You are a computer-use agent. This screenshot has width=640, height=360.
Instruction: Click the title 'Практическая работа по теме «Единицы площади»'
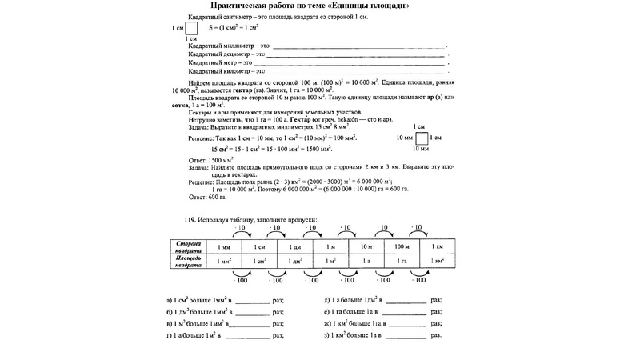(314, 6)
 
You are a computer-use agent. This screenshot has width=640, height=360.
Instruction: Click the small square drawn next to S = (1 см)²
(192, 27)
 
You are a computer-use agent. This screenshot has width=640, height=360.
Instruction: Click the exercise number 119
(189, 220)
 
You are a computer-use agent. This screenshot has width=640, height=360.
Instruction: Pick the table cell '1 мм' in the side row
(226, 246)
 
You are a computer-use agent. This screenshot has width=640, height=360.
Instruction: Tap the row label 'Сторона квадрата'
(189, 246)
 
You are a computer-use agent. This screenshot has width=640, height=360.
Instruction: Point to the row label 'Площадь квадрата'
(189, 261)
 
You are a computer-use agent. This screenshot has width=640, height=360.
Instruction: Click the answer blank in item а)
(254, 302)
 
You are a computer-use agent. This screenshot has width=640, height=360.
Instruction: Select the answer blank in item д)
(405, 302)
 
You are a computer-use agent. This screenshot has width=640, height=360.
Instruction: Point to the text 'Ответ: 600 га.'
(207, 197)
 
